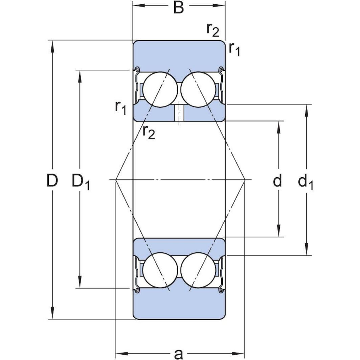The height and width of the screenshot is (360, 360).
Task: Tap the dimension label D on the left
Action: [x=52, y=180]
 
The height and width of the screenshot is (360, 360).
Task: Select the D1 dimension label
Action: [x=81, y=182]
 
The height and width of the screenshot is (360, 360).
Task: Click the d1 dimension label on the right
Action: [x=306, y=182]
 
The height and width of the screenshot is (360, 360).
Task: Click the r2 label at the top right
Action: [x=213, y=30]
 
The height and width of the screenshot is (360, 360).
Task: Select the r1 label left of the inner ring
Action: [x=121, y=108]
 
